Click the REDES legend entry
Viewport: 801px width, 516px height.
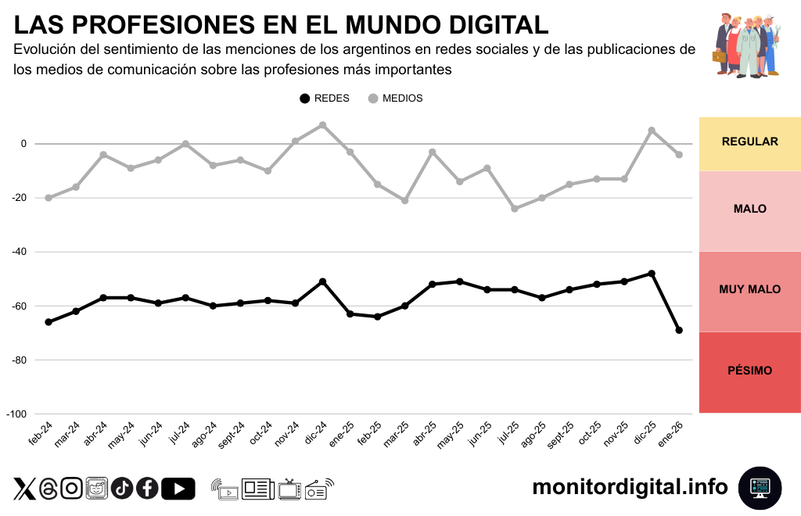(324, 99)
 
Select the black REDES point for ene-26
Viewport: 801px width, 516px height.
(679, 330)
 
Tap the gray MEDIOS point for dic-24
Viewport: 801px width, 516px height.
(322, 125)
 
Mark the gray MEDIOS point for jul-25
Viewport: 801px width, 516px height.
(515, 209)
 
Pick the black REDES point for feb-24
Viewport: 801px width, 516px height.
(48, 322)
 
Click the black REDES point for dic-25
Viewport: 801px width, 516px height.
(652, 274)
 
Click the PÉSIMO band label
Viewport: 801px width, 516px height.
(749, 371)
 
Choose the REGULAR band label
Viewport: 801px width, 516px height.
(749, 142)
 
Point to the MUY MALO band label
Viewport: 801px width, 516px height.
(749, 289)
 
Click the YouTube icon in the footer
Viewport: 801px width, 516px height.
(178, 489)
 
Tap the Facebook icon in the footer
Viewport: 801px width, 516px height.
(147, 489)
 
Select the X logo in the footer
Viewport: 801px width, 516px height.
(25, 489)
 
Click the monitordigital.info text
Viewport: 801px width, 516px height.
(630, 487)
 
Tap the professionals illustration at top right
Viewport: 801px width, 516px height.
(747, 45)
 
